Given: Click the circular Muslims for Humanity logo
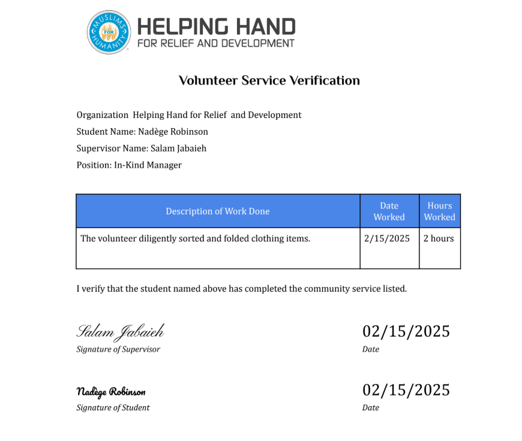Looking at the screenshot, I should coord(109,32).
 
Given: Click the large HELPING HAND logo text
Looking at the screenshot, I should coord(216,26).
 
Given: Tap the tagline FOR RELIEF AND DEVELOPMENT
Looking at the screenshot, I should coord(216,43).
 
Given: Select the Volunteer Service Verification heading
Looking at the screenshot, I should coord(269,80).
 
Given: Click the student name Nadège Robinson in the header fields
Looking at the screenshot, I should coord(173,132).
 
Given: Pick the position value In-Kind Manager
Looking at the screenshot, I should coord(148,165).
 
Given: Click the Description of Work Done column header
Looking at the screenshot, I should coord(218,211).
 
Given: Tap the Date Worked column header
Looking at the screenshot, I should coord(389,211).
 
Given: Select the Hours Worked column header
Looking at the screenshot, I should coord(440,211).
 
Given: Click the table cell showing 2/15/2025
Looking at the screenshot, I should coord(387,238).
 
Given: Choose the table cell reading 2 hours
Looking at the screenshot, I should coord(439,238).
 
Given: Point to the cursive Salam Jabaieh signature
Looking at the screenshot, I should coord(120,331).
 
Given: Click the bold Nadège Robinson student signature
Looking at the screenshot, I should coord(111,392).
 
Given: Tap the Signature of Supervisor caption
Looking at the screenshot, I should coord(118,349).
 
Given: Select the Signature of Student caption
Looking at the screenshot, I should coord(113,408).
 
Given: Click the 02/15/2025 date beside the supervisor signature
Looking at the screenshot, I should coord(406,331).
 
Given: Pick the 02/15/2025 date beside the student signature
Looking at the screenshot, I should coord(406,390).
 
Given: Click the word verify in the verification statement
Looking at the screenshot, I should coord(94,289).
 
